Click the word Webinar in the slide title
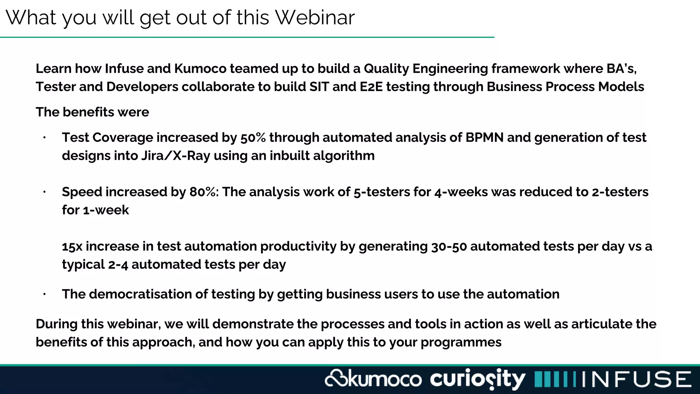(x=315, y=17)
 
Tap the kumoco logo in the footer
(x=373, y=379)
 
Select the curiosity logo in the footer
(x=477, y=379)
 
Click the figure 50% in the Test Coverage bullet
(x=253, y=137)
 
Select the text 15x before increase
(x=72, y=246)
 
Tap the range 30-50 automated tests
(x=449, y=246)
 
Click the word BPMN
(x=484, y=137)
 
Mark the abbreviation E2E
(x=371, y=87)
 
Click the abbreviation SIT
(x=319, y=87)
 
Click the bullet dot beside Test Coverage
(x=44, y=138)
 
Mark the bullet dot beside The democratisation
(x=44, y=294)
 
